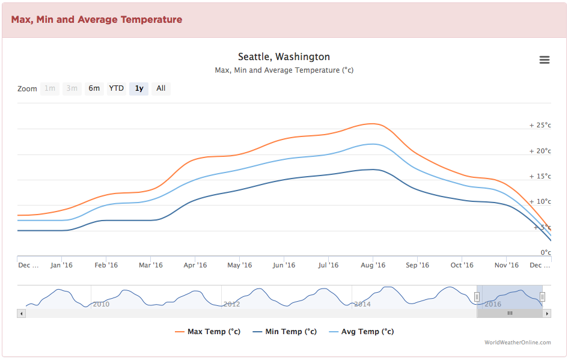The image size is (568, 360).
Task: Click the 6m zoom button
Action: [94, 88]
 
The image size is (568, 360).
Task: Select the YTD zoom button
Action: [116, 88]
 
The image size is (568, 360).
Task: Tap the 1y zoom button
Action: [139, 88]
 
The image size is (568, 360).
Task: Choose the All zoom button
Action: [161, 88]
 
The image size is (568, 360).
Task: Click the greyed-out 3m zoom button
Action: [72, 88]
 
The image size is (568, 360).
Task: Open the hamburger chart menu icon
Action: [545, 59]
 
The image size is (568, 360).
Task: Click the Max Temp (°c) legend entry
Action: [208, 331]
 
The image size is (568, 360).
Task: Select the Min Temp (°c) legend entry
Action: [285, 331]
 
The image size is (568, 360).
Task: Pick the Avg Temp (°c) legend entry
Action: [361, 331]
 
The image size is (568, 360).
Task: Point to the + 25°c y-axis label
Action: [540, 126]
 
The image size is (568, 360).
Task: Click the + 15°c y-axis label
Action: [540, 176]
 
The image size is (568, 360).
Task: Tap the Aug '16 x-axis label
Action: [373, 265]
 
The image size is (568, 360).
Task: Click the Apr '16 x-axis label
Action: [195, 265]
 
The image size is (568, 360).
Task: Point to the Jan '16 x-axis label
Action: [61, 265]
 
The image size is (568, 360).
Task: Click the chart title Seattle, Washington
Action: [284, 56]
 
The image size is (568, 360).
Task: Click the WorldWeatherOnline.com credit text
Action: [518, 343]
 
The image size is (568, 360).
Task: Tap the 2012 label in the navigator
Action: [231, 304]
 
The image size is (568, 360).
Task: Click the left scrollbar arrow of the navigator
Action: [21, 313]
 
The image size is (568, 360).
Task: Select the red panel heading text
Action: [96, 19]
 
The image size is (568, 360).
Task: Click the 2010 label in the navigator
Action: [101, 304]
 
